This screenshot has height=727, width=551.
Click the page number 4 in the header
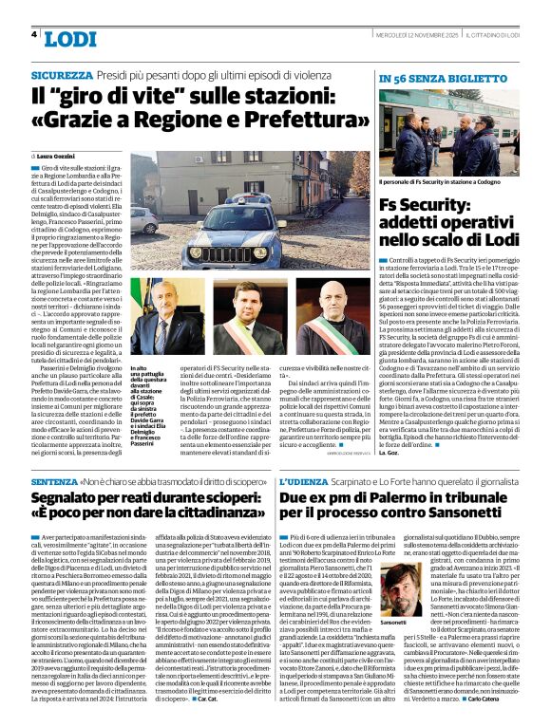[x=35, y=35]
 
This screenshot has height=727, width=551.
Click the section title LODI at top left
[x=70, y=39]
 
